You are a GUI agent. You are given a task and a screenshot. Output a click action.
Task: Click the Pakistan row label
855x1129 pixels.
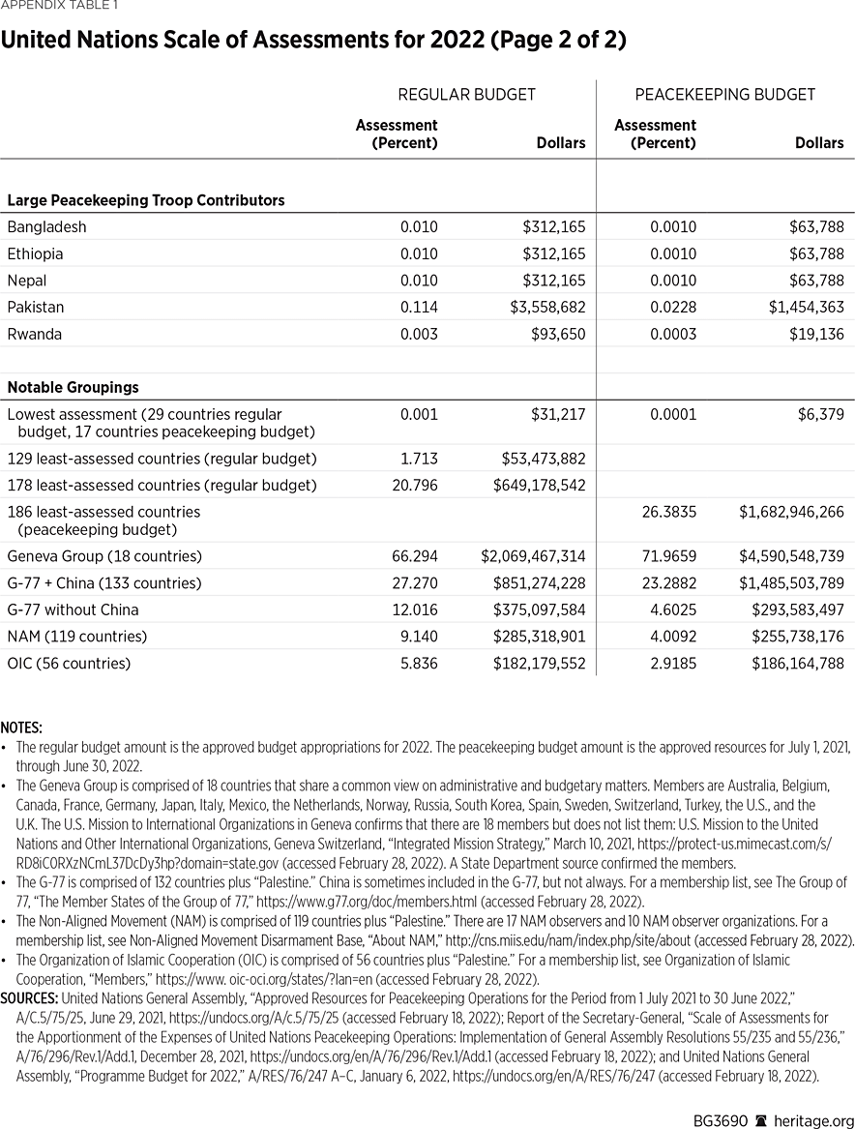(36, 308)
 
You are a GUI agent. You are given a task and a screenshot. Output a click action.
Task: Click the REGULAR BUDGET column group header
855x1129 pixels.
(466, 95)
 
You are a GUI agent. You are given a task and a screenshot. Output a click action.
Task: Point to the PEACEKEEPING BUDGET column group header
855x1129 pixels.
(724, 95)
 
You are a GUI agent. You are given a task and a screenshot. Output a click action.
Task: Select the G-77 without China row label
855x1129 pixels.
(73, 610)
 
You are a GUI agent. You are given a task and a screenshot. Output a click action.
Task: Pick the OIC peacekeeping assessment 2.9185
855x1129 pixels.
(669, 664)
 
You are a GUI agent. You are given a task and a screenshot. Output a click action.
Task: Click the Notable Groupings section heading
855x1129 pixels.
(73, 387)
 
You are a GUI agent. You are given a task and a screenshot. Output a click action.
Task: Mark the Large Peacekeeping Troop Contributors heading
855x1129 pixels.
(146, 201)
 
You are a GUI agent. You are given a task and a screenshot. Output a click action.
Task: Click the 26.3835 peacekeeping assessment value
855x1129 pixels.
(669, 512)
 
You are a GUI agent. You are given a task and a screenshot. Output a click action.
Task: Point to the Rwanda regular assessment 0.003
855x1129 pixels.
(419, 335)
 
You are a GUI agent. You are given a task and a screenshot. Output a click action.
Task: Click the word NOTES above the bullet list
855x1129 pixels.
(21, 727)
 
